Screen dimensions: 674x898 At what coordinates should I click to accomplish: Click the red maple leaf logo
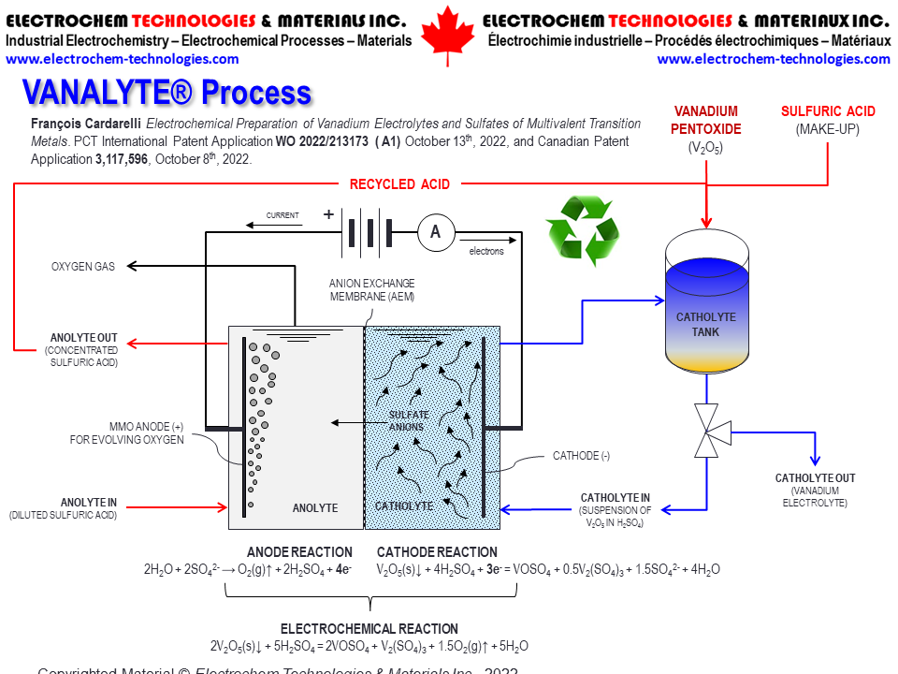pyautogui.click(x=448, y=37)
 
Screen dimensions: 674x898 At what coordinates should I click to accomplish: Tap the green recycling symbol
pyautogui.click(x=582, y=229)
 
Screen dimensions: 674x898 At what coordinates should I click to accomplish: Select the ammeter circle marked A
pyautogui.click(x=435, y=233)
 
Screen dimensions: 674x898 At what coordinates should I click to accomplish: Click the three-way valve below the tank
pyautogui.click(x=711, y=431)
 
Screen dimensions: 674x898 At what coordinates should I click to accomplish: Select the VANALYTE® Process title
pyautogui.click(x=167, y=92)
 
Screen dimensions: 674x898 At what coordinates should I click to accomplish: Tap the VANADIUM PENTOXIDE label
pyautogui.click(x=707, y=120)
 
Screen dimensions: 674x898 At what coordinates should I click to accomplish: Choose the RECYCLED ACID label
pyautogui.click(x=399, y=183)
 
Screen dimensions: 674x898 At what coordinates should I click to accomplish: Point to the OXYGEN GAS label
pyautogui.click(x=83, y=267)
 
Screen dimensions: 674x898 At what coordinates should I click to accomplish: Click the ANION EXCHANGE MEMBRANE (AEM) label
pyautogui.click(x=371, y=289)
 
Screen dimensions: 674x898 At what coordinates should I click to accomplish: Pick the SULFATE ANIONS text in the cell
pyautogui.click(x=409, y=421)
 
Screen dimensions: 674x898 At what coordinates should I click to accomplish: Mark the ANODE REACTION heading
pyautogui.click(x=299, y=552)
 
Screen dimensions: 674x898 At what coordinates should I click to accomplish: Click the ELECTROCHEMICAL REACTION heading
pyautogui.click(x=369, y=629)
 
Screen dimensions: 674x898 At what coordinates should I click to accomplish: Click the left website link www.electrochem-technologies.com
pyautogui.click(x=122, y=59)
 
